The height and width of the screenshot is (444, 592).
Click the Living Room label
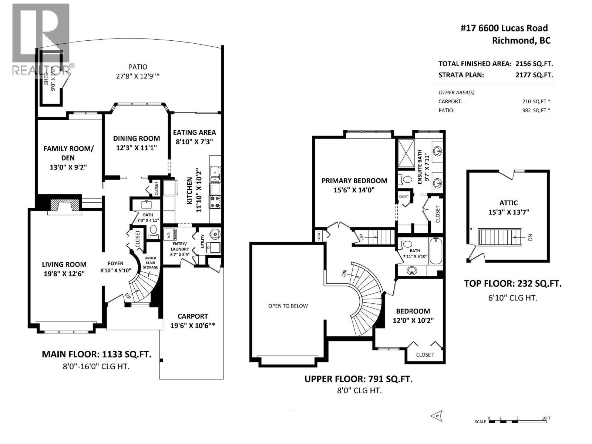[64, 264]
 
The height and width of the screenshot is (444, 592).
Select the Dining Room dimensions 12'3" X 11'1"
[136, 148]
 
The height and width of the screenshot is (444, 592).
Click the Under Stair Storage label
[150, 262]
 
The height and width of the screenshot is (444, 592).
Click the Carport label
[192, 316]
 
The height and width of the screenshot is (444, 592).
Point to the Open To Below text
[288, 306]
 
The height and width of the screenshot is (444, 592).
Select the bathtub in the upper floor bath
[435, 251]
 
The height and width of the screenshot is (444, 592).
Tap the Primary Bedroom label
[354, 181]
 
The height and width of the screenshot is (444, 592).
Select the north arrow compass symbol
[437, 416]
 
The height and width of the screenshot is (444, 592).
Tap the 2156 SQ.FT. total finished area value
[534, 64]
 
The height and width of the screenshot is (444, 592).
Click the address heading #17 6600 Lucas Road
[504, 28]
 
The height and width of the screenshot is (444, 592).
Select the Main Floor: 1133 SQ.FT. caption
[96, 354]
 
